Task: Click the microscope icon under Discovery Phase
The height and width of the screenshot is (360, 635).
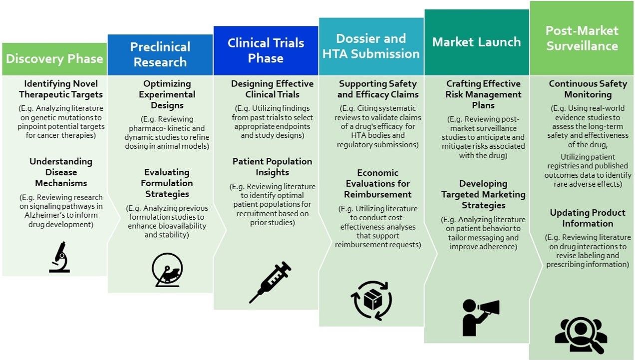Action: pyautogui.click(x=60, y=257)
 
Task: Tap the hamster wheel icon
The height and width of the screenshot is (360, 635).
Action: pyautogui.click(x=167, y=270)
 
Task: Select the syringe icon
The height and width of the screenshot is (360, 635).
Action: pyautogui.click(x=270, y=282)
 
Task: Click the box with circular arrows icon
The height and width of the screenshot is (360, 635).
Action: pyautogui.click(x=371, y=301)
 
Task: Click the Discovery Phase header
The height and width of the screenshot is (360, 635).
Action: pyautogui.click(x=54, y=59)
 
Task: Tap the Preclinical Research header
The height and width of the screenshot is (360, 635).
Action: pyautogui.click(x=160, y=55)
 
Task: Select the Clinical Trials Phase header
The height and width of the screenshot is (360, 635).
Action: pyautogui.click(x=266, y=51)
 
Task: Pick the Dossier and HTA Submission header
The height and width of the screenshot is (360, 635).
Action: pyautogui.click(x=371, y=46)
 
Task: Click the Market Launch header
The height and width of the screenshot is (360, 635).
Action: pyautogui.click(x=477, y=42)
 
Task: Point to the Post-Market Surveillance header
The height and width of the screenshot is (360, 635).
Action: pyautogui.click(x=582, y=38)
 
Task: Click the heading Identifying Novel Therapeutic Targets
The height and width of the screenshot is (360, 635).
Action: pyautogui.click(x=61, y=89)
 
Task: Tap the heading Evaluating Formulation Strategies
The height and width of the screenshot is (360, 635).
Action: pyautogui.click(x=167, y=183)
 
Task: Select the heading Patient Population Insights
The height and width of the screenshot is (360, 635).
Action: pyautogui.click(x=273, y=167)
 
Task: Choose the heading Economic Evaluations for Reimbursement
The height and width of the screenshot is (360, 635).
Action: pyautogui.click(x=378, y=183)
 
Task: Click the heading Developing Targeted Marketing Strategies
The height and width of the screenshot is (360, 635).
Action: pyautogui.click(x=483, y=194)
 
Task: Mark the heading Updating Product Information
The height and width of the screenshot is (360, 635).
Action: pyautogui.click(x=588, y=218)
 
